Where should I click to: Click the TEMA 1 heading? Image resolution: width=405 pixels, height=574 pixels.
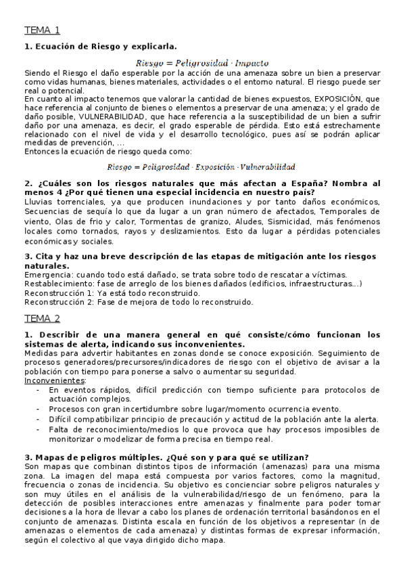click(x=43, y=30)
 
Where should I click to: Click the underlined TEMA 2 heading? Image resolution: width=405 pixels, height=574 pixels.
click(x=43, y=318)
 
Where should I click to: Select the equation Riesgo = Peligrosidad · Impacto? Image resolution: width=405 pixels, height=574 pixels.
click(x=202, y=62)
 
